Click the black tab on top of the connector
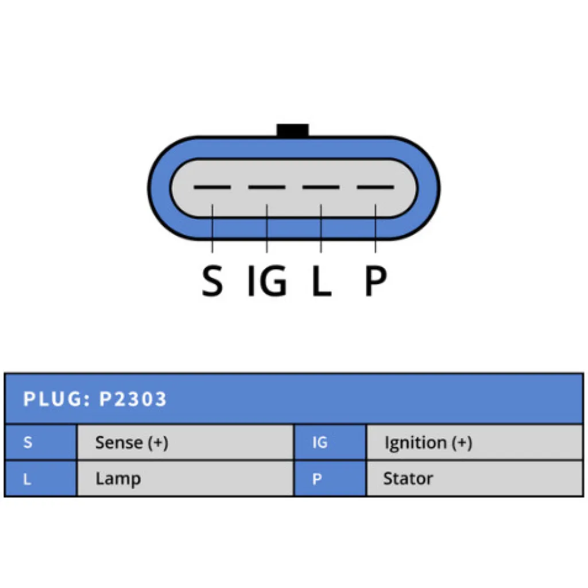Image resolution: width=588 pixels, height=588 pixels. [x=292, y=130]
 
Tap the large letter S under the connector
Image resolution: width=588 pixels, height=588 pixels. [x=212, y=281]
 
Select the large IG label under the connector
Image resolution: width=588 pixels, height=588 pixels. [x=266, y=281]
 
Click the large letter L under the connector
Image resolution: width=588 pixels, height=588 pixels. [x=321, y=281]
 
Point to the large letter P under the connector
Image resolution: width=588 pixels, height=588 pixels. [x=376, y=281]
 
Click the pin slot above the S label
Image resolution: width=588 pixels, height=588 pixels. [x=212, y=188]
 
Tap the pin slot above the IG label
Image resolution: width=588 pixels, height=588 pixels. [x=266, y=188]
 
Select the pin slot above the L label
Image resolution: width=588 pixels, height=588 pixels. [x=321, y=188]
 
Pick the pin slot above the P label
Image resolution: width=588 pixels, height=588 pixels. [x=376, y=188]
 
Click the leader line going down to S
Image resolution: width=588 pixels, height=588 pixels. [x=212, y=230]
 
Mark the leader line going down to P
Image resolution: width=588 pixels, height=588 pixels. [x=376, y=230]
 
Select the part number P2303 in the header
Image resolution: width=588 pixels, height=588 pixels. [x=133, y=399]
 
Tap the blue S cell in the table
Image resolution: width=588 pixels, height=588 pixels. [x=40, y=443]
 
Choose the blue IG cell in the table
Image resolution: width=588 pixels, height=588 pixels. [x=330, y=443]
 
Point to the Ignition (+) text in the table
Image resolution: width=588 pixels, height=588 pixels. [x=428, y=443]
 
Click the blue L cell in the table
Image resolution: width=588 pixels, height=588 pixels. [x=40, y=478]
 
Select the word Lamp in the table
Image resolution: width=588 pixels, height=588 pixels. [x=118, y=478]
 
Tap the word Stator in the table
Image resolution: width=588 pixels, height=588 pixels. [x=408, y=478]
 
